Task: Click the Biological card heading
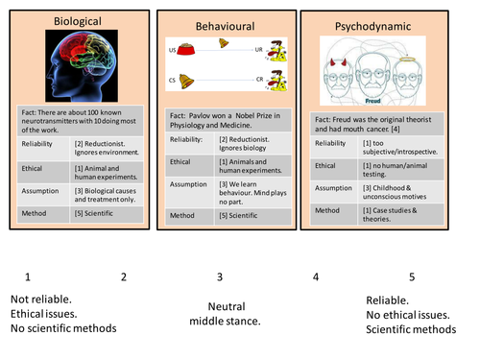[x=77, y=19]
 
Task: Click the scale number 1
[x=29, y=277]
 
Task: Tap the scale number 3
[x=220, y=277]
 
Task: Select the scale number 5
[x=412, y=277]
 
